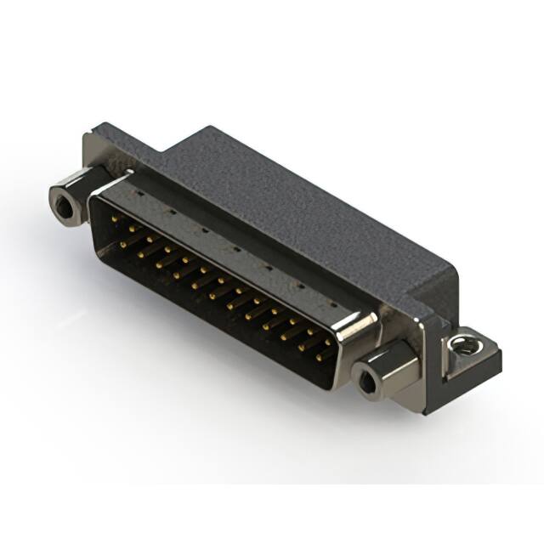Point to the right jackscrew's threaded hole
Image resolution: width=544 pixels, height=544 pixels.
tap(366, 383)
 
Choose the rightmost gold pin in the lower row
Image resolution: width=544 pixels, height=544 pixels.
tap(319, 358)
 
